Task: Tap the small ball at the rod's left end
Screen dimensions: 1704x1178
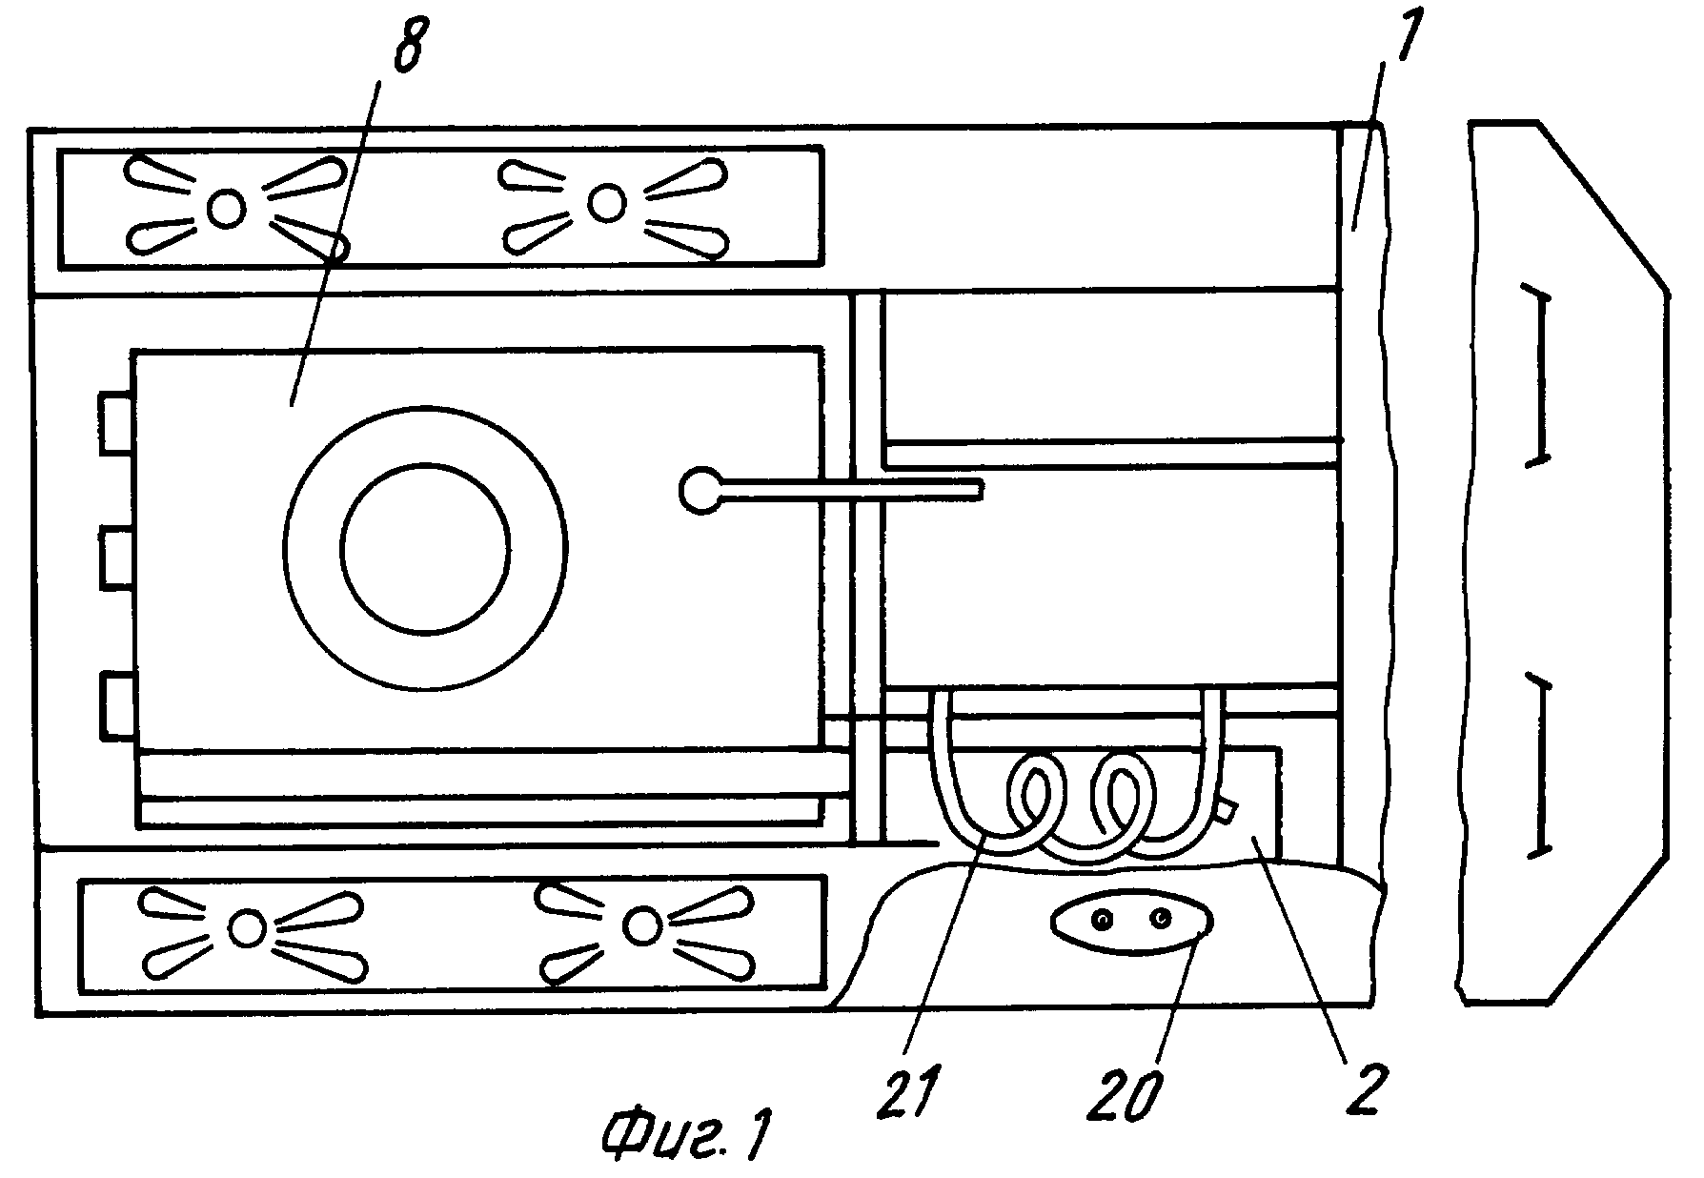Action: point(700,490)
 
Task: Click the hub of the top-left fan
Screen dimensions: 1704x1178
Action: point(226,207)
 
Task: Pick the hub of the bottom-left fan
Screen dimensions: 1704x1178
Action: point(247,927)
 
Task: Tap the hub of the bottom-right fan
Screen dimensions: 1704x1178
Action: point(641,924)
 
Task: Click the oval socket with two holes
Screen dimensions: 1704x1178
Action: point(1131,921)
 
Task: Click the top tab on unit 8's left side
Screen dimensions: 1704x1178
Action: point(116,421)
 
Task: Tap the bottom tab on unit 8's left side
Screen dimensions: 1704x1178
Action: point(116,706)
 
